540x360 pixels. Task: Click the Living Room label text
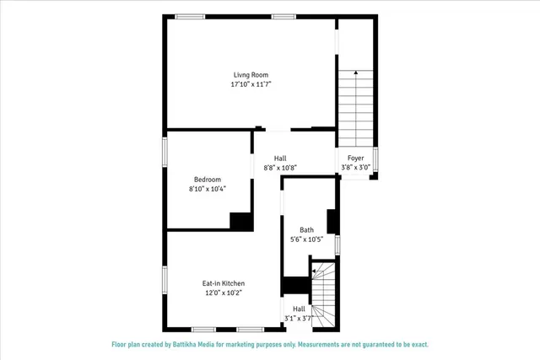(x=251, y=75)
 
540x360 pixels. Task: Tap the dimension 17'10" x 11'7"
(x=251, y=84)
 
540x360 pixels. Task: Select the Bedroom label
(x=208, y=179)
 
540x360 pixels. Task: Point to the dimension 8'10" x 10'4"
(x=208, y=188)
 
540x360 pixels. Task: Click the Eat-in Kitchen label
(x=224, y=283)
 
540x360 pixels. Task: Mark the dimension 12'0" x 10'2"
(x=224, y=293)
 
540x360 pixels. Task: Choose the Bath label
(x=306, y=230)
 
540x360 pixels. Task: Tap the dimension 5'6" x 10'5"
(x=306, y=239)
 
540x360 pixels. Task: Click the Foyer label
(x=355, y=158)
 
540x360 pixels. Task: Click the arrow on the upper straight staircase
(x=355, y=74)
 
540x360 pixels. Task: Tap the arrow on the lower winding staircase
(x=314, y=271)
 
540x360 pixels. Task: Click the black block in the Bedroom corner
(x=241, y=220)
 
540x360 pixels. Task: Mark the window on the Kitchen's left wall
(x=165, y=279)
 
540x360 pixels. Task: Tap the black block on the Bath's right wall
(x=332, y=220)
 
